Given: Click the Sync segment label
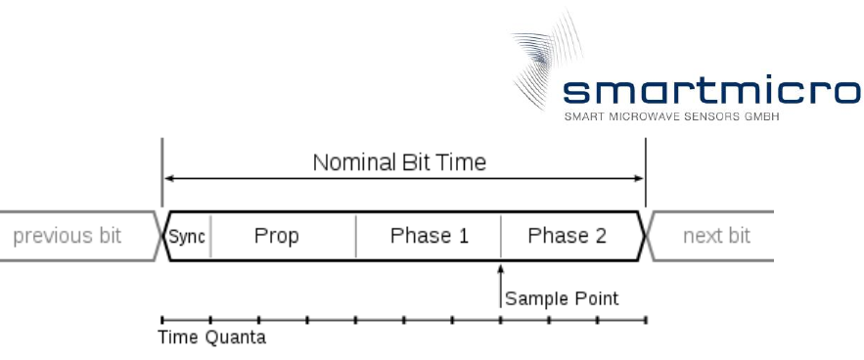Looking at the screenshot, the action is [x=187, y=237].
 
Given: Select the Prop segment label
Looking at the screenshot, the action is [x=277, y=237].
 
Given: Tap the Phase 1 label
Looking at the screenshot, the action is [x=430, y=236].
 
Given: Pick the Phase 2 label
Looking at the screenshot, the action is [x=567, y=236].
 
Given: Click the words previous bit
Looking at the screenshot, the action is [x=67, y=236].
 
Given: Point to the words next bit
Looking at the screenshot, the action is [x=716, y=236].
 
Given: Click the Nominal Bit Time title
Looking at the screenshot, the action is [x=399, y=162].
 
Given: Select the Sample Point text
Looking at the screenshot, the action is [x=562, y=298].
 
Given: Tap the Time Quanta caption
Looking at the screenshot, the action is [x=212, y=337].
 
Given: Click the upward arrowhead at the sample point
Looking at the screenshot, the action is [x=500, y=268].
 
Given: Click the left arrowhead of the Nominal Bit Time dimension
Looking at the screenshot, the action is [x=169, y=178].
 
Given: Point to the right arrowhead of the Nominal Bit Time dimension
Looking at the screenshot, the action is [x=639, y=178].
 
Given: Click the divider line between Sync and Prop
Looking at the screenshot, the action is [x=210, y=236].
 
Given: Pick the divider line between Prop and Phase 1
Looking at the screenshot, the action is [x=356, y=236].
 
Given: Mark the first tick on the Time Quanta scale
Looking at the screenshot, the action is [x=162, y=320].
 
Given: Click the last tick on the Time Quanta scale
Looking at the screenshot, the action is [x=646, y=320].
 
